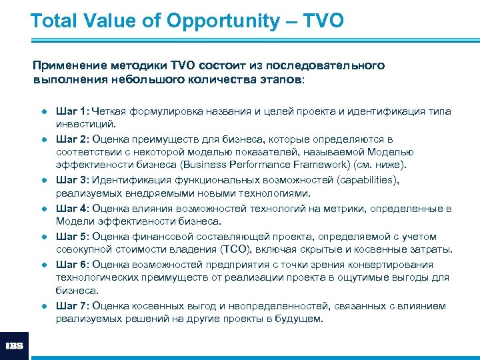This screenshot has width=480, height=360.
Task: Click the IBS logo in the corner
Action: [x=14, y=346]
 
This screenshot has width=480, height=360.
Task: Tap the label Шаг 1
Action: [x=72, y=111]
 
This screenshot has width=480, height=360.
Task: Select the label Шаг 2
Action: [x=72, y=139]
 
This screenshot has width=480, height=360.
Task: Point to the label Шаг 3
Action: [x=72, y=180]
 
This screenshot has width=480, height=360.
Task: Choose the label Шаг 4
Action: [x=72, y=208]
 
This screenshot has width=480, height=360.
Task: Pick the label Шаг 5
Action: [x=72, y=237]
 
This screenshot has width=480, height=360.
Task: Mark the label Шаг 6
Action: [x=72, y=265]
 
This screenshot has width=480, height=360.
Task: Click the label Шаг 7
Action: [x=72, y=306]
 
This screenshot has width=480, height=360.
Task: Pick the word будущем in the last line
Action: [x=299, y=319]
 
